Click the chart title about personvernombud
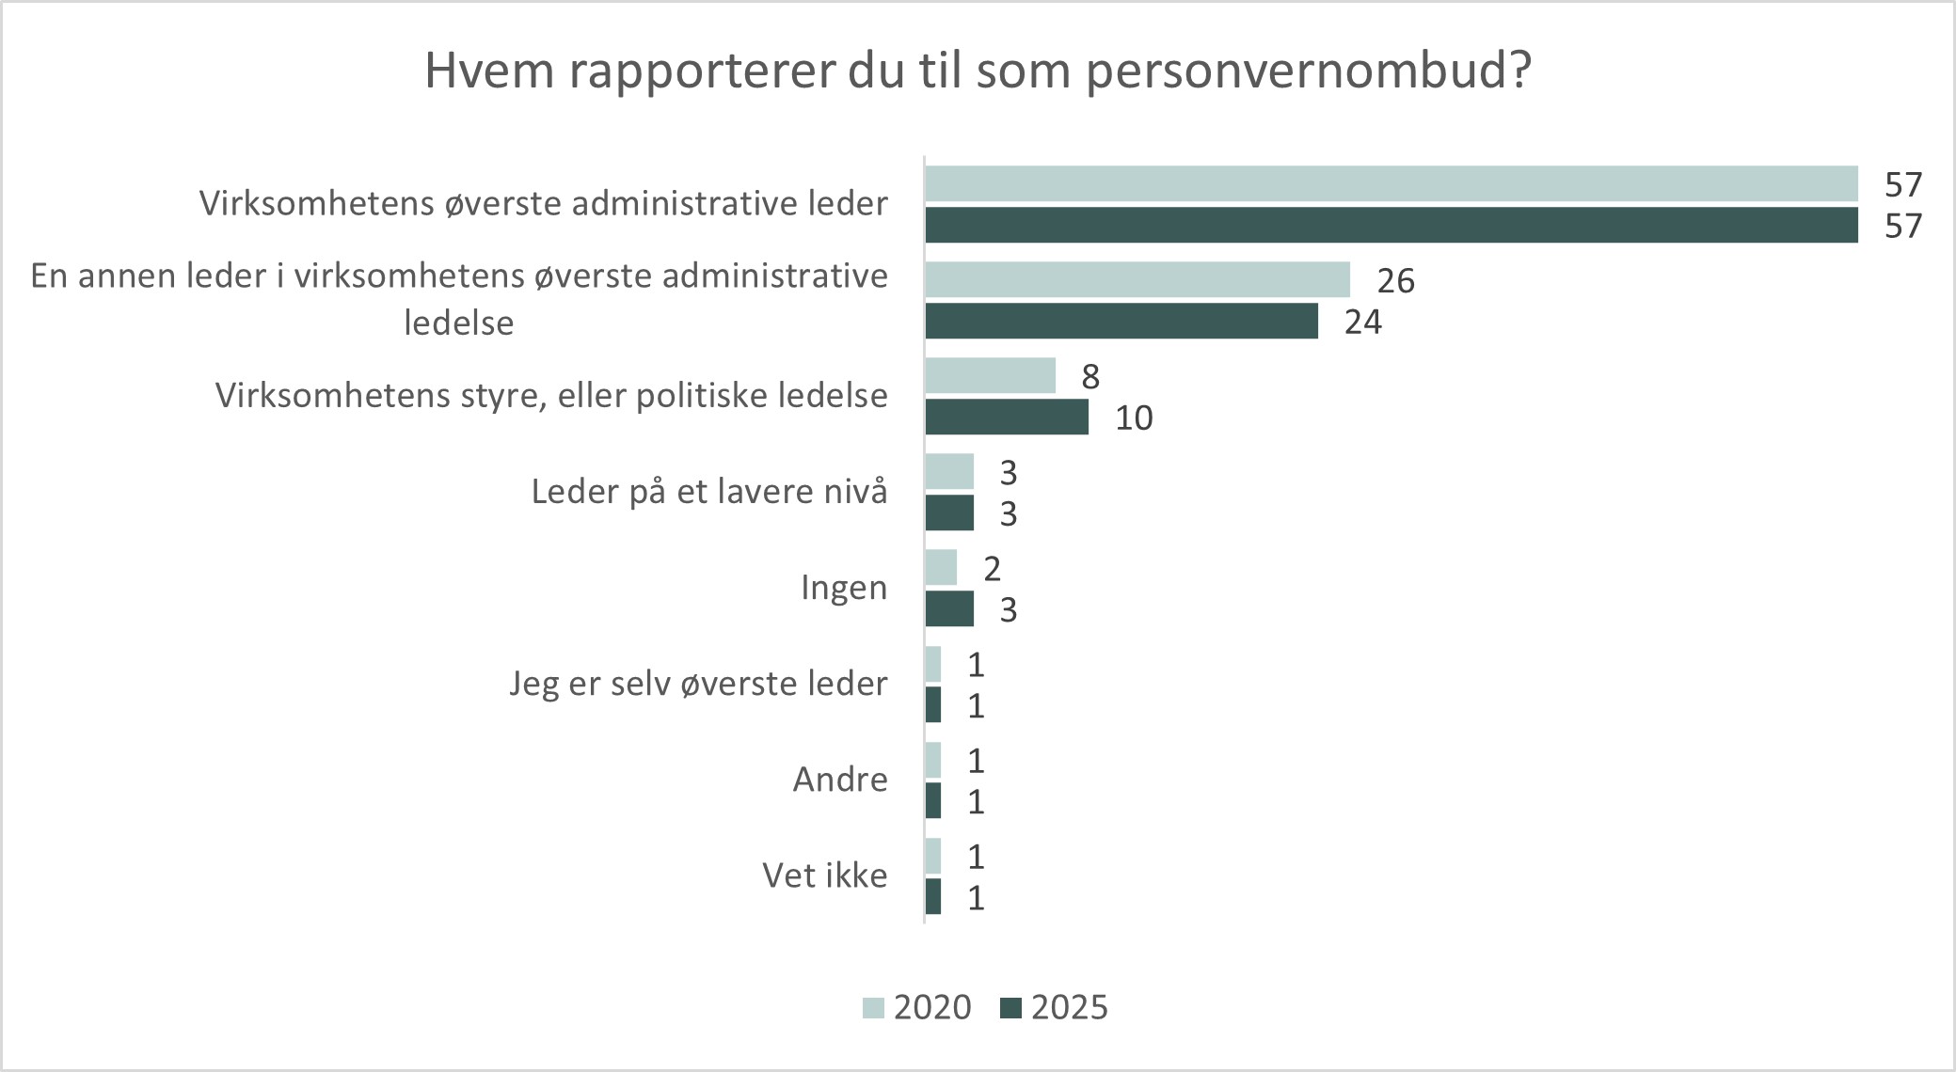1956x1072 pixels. (978, 71)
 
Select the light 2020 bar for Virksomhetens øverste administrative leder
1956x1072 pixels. (1391, 184)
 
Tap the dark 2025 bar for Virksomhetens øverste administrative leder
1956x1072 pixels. (1391, 226)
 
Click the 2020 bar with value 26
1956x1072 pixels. (1137, 280)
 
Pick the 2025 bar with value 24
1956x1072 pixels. (1121, 322)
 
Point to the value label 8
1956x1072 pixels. (1089, 377)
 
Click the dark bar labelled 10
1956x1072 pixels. (1006, 418)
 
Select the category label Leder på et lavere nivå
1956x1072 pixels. (708, 492)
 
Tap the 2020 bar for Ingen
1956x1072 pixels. (941, 568)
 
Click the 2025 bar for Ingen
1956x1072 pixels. (948, 609)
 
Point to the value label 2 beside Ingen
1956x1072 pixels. (992, 569)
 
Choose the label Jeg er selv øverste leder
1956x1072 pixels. (698, 684)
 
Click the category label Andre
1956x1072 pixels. (839, 780)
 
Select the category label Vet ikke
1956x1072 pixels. (824, 876)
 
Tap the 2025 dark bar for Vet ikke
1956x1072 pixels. (932, 897)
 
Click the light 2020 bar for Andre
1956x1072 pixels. (932, 760)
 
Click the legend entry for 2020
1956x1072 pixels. (917, 1008)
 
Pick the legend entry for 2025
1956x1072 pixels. (1055, 1008)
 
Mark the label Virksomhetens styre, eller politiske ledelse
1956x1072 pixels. (551, 396)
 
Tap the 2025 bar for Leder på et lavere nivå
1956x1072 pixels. (948, 513)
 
